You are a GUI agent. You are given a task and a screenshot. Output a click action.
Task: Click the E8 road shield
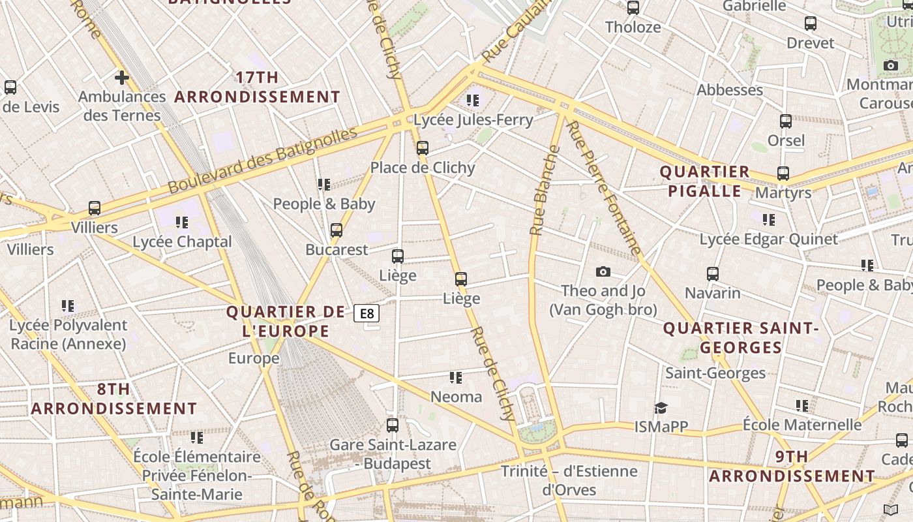click(367, 314)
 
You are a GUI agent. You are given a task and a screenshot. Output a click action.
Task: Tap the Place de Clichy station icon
click(423, 148)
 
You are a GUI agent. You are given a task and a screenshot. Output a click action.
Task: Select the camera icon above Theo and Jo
click(603, 271)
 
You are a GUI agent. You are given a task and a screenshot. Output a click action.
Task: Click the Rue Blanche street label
click(545, 191)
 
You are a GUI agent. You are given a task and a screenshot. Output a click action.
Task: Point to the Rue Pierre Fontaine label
click(603, 188)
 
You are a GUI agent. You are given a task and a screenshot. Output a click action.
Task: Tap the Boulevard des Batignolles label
click(262, 161)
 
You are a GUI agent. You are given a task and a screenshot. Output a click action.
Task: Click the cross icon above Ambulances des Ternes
click(121, 78)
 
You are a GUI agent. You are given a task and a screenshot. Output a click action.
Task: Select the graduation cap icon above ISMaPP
click(661, 408)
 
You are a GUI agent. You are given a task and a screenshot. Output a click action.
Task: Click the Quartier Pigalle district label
click(704, 181)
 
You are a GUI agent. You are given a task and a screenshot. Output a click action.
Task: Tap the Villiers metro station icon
click(95, 208)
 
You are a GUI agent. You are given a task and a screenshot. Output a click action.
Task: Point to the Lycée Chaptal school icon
click(182, 223)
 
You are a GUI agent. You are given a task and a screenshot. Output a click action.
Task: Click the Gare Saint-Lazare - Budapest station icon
click(393, 425)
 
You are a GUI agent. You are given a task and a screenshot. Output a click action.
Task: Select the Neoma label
click(456, 397)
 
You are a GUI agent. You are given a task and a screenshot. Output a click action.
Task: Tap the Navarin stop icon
click(713, 274)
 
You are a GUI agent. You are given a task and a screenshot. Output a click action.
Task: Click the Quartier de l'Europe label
click(285, 321)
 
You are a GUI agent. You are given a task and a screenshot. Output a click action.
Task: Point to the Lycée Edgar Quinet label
click(768, 239)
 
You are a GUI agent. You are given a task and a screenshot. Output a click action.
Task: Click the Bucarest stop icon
click(337, 230)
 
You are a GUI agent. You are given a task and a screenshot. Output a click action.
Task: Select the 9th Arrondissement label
click(792, 466)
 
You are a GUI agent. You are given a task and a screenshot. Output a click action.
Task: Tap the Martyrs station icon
click(783, 174)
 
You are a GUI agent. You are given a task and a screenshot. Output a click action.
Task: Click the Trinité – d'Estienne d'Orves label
click(569, 480)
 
